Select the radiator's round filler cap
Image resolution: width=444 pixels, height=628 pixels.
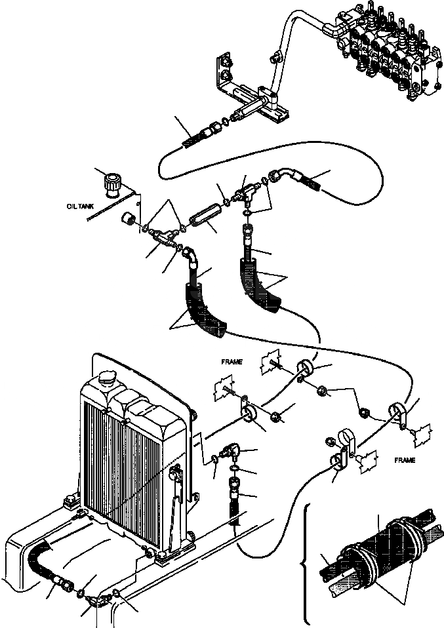(x=107, y=381)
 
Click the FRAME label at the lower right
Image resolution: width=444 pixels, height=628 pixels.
(x=404, y=460)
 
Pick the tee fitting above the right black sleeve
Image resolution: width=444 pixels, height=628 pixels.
(x=247, y=191)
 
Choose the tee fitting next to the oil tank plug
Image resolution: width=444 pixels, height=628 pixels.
(x=161, y=233)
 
